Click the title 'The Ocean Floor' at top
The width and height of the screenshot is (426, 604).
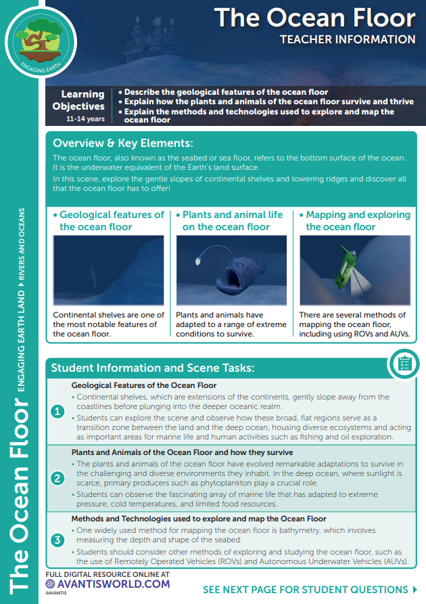coord(314,18)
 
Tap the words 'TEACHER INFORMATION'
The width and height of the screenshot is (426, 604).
coord(348,39)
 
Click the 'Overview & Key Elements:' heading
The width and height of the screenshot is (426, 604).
coord(123,144)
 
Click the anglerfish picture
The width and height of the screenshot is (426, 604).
coord(231,270)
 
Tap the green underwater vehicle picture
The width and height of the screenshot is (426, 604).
coord(354,270)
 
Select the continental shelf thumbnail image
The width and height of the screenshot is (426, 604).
coord(108,270)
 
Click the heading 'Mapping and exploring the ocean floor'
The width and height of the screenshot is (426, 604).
coord(358,220)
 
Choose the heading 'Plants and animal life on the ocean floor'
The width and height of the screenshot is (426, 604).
coord(233,220)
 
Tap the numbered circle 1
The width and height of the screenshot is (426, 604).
coord(58,411)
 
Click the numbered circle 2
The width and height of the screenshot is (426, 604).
coord(58,478)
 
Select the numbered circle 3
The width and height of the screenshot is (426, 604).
coord(58,540)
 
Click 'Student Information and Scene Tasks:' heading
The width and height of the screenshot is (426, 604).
coord(152,368)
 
